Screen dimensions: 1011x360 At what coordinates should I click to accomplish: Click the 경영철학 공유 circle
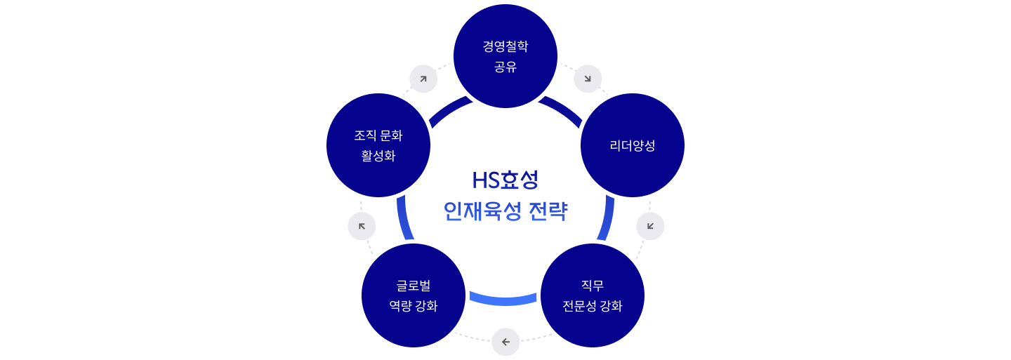(505, 56)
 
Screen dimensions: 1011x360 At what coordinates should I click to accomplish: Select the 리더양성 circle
(633, 145)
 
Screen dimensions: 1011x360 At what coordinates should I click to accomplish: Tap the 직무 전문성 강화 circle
(592, 295)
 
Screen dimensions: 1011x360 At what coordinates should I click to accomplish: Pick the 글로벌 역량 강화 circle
(414, 295)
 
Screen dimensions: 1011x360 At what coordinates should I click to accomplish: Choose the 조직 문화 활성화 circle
(378, 145)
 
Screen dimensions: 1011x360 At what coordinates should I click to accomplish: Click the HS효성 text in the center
(505, 180)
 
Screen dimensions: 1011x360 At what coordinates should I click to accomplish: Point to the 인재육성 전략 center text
(505, 211)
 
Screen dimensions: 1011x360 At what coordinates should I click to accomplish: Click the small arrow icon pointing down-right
(588, 79)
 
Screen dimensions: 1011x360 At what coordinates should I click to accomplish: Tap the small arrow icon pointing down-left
(650, 226)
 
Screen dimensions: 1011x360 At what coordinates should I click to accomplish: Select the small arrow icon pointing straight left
(505, 342)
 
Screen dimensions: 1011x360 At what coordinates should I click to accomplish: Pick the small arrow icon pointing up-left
(362, 226)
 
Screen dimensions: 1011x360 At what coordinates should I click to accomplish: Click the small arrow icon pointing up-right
(423, 79)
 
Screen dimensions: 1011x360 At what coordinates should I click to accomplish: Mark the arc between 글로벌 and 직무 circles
(503, 301)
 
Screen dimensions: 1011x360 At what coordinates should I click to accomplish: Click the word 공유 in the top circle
(505, 67)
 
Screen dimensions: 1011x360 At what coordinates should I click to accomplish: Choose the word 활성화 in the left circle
(378, 156)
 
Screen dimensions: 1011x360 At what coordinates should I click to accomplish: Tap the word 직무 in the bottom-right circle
(592, 285)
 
